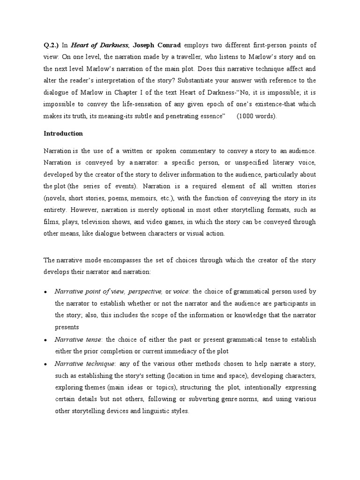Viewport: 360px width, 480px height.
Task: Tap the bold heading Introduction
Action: [x=63, y=134]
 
